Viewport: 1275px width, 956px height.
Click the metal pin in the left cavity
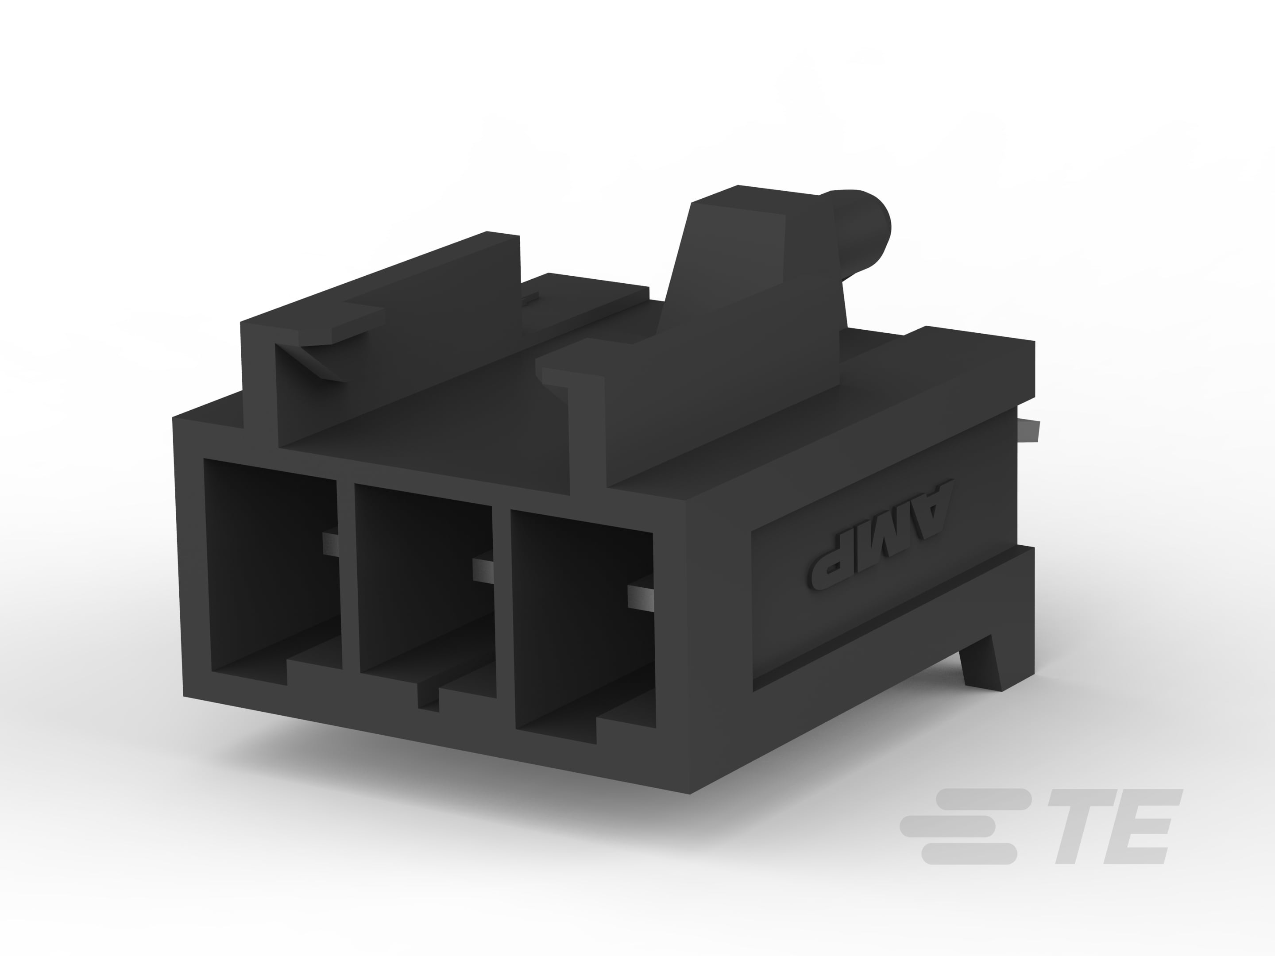pyautogui.click(x=330, y=544)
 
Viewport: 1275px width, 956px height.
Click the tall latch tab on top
pyautogui.click(x=744, y=259)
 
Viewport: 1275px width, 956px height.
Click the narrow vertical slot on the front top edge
pyautogui.click(x=587, y=438)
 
